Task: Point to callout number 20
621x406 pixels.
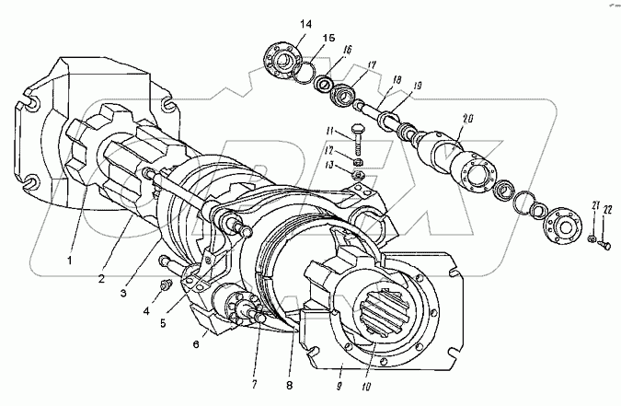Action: pyautogui.click(x=469, y=119)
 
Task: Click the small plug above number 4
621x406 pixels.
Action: pyautogui.click(x=167, y=287)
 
